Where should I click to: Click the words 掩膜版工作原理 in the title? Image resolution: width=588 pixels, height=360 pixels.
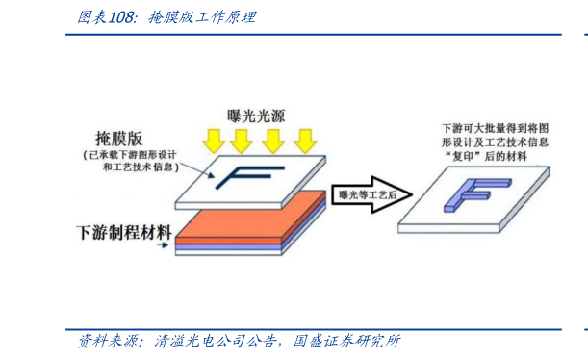click(202, 17)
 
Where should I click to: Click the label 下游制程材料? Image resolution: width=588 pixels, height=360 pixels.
click(123, 232)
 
